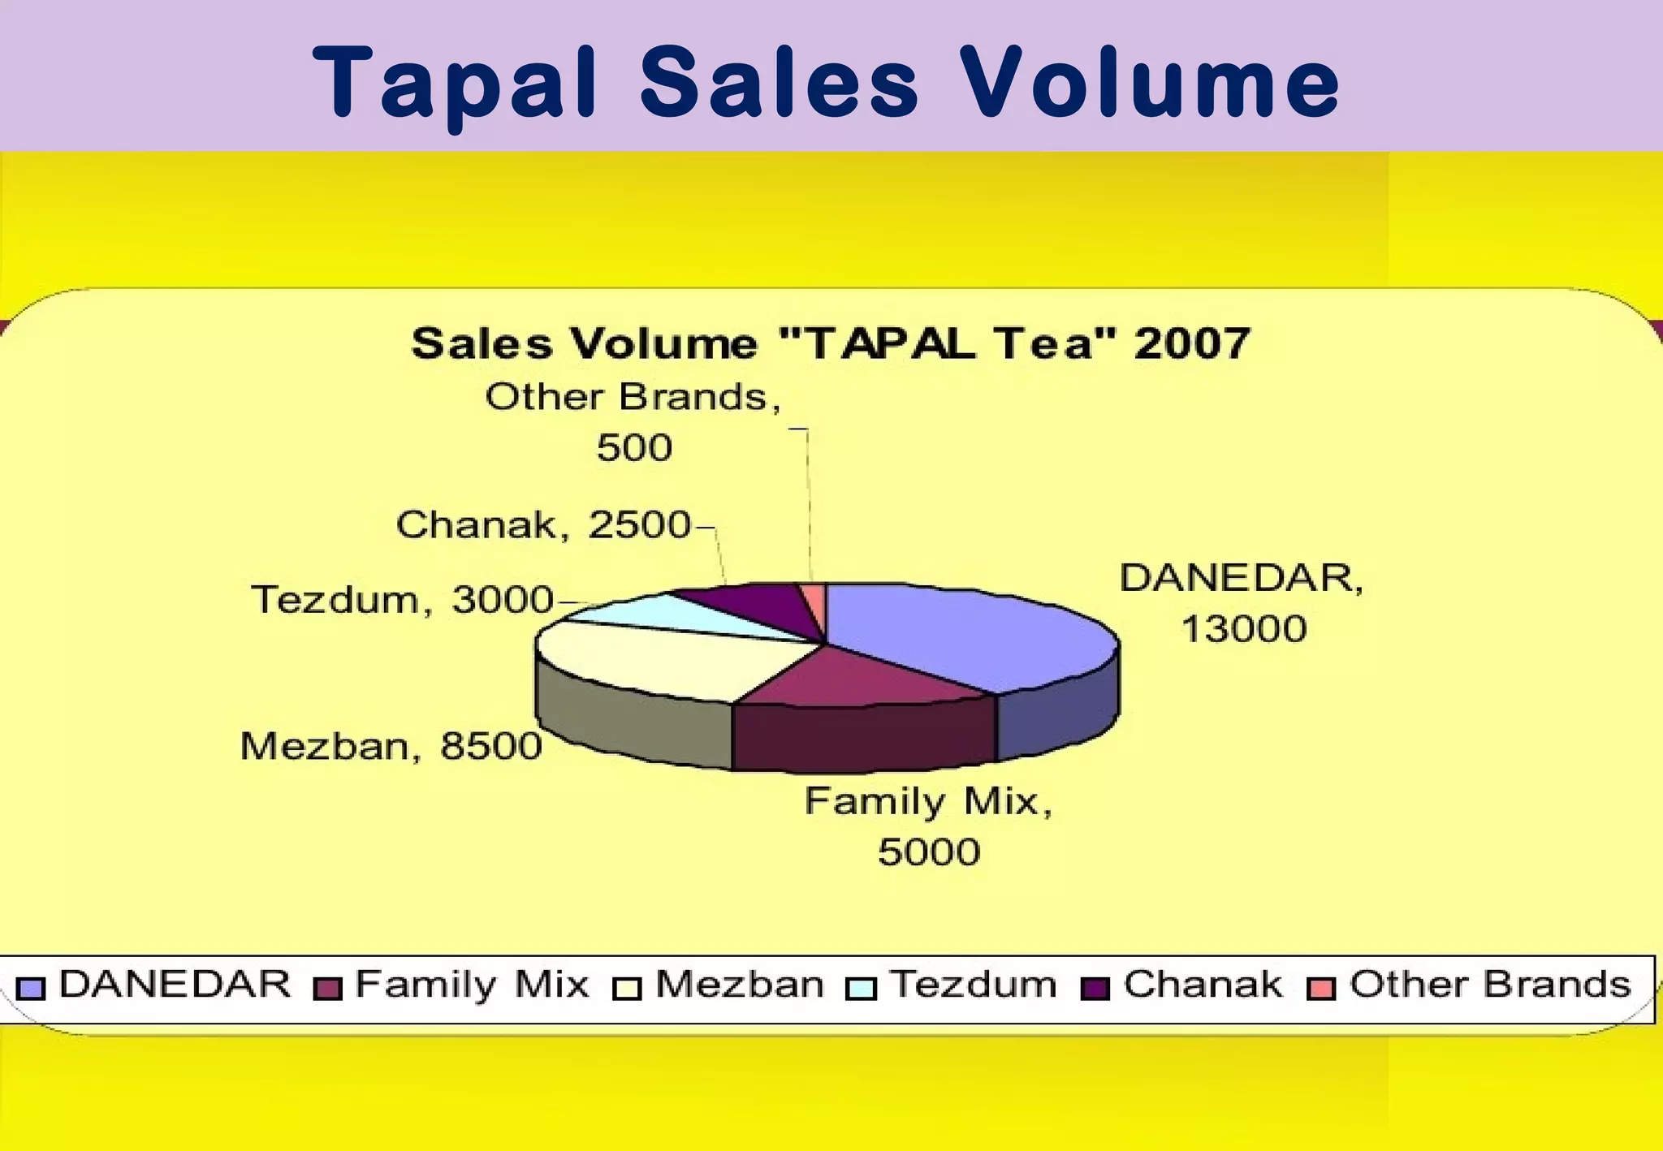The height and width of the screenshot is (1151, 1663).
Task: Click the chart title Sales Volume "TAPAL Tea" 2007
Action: (831, 343)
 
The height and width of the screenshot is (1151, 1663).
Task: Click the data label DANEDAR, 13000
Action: (1242, 603)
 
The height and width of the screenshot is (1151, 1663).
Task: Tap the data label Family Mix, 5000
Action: (929, 826)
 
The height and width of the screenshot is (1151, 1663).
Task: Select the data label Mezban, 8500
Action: (391, 746)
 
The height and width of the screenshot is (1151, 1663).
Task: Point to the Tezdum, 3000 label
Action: (403, 601)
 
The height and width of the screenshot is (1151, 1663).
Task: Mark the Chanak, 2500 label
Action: (543, 525)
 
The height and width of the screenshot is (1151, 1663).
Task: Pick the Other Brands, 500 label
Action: (633, 422)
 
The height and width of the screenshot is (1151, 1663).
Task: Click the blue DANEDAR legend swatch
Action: (31, 987)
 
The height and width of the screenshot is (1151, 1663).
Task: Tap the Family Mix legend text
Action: (472, 985)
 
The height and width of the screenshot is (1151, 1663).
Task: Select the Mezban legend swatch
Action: (627, 988)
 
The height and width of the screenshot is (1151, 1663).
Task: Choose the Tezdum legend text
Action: (974, 985)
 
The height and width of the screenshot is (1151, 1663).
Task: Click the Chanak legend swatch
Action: (1095, 988)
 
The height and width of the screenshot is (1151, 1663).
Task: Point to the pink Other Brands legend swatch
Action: (1321, 988)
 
